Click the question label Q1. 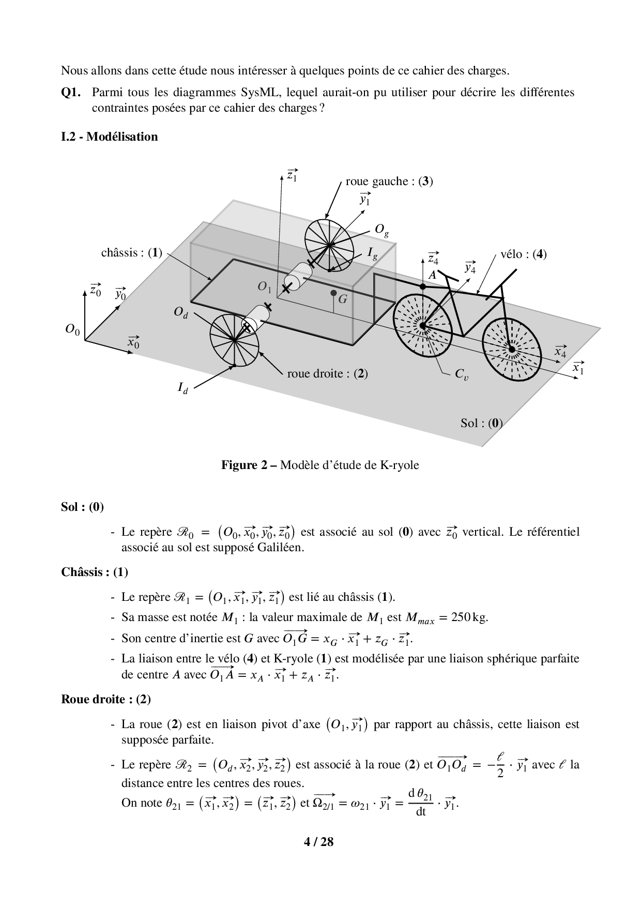tap(71, 93)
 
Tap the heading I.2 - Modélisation tap(109, 137)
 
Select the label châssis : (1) tap(131, 253)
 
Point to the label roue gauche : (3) tap(389, 182)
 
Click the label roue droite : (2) tap(327, 373)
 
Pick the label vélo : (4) tap(523, 254)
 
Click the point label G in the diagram tap(343, 299)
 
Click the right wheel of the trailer tap(234, 341)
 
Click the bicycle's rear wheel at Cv tap(423, 325)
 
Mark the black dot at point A tap(423, 286)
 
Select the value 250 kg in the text tap(469, 617)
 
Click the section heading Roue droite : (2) tap(106, 699)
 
